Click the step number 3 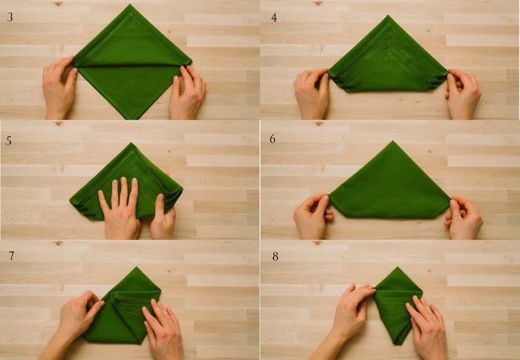pos(10,17)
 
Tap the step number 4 pos(274,17)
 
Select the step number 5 pos(9,141)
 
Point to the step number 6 pos(273,139)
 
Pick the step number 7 pos(11,255)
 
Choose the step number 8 pos(276,256)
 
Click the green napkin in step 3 pos(132,63)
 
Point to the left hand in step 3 pos(59,88)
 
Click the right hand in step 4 pos(463,94)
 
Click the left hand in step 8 pos(348,318)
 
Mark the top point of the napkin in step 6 pos(393,141)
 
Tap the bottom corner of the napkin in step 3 pos(135,119)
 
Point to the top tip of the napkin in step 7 pos(136,267)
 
